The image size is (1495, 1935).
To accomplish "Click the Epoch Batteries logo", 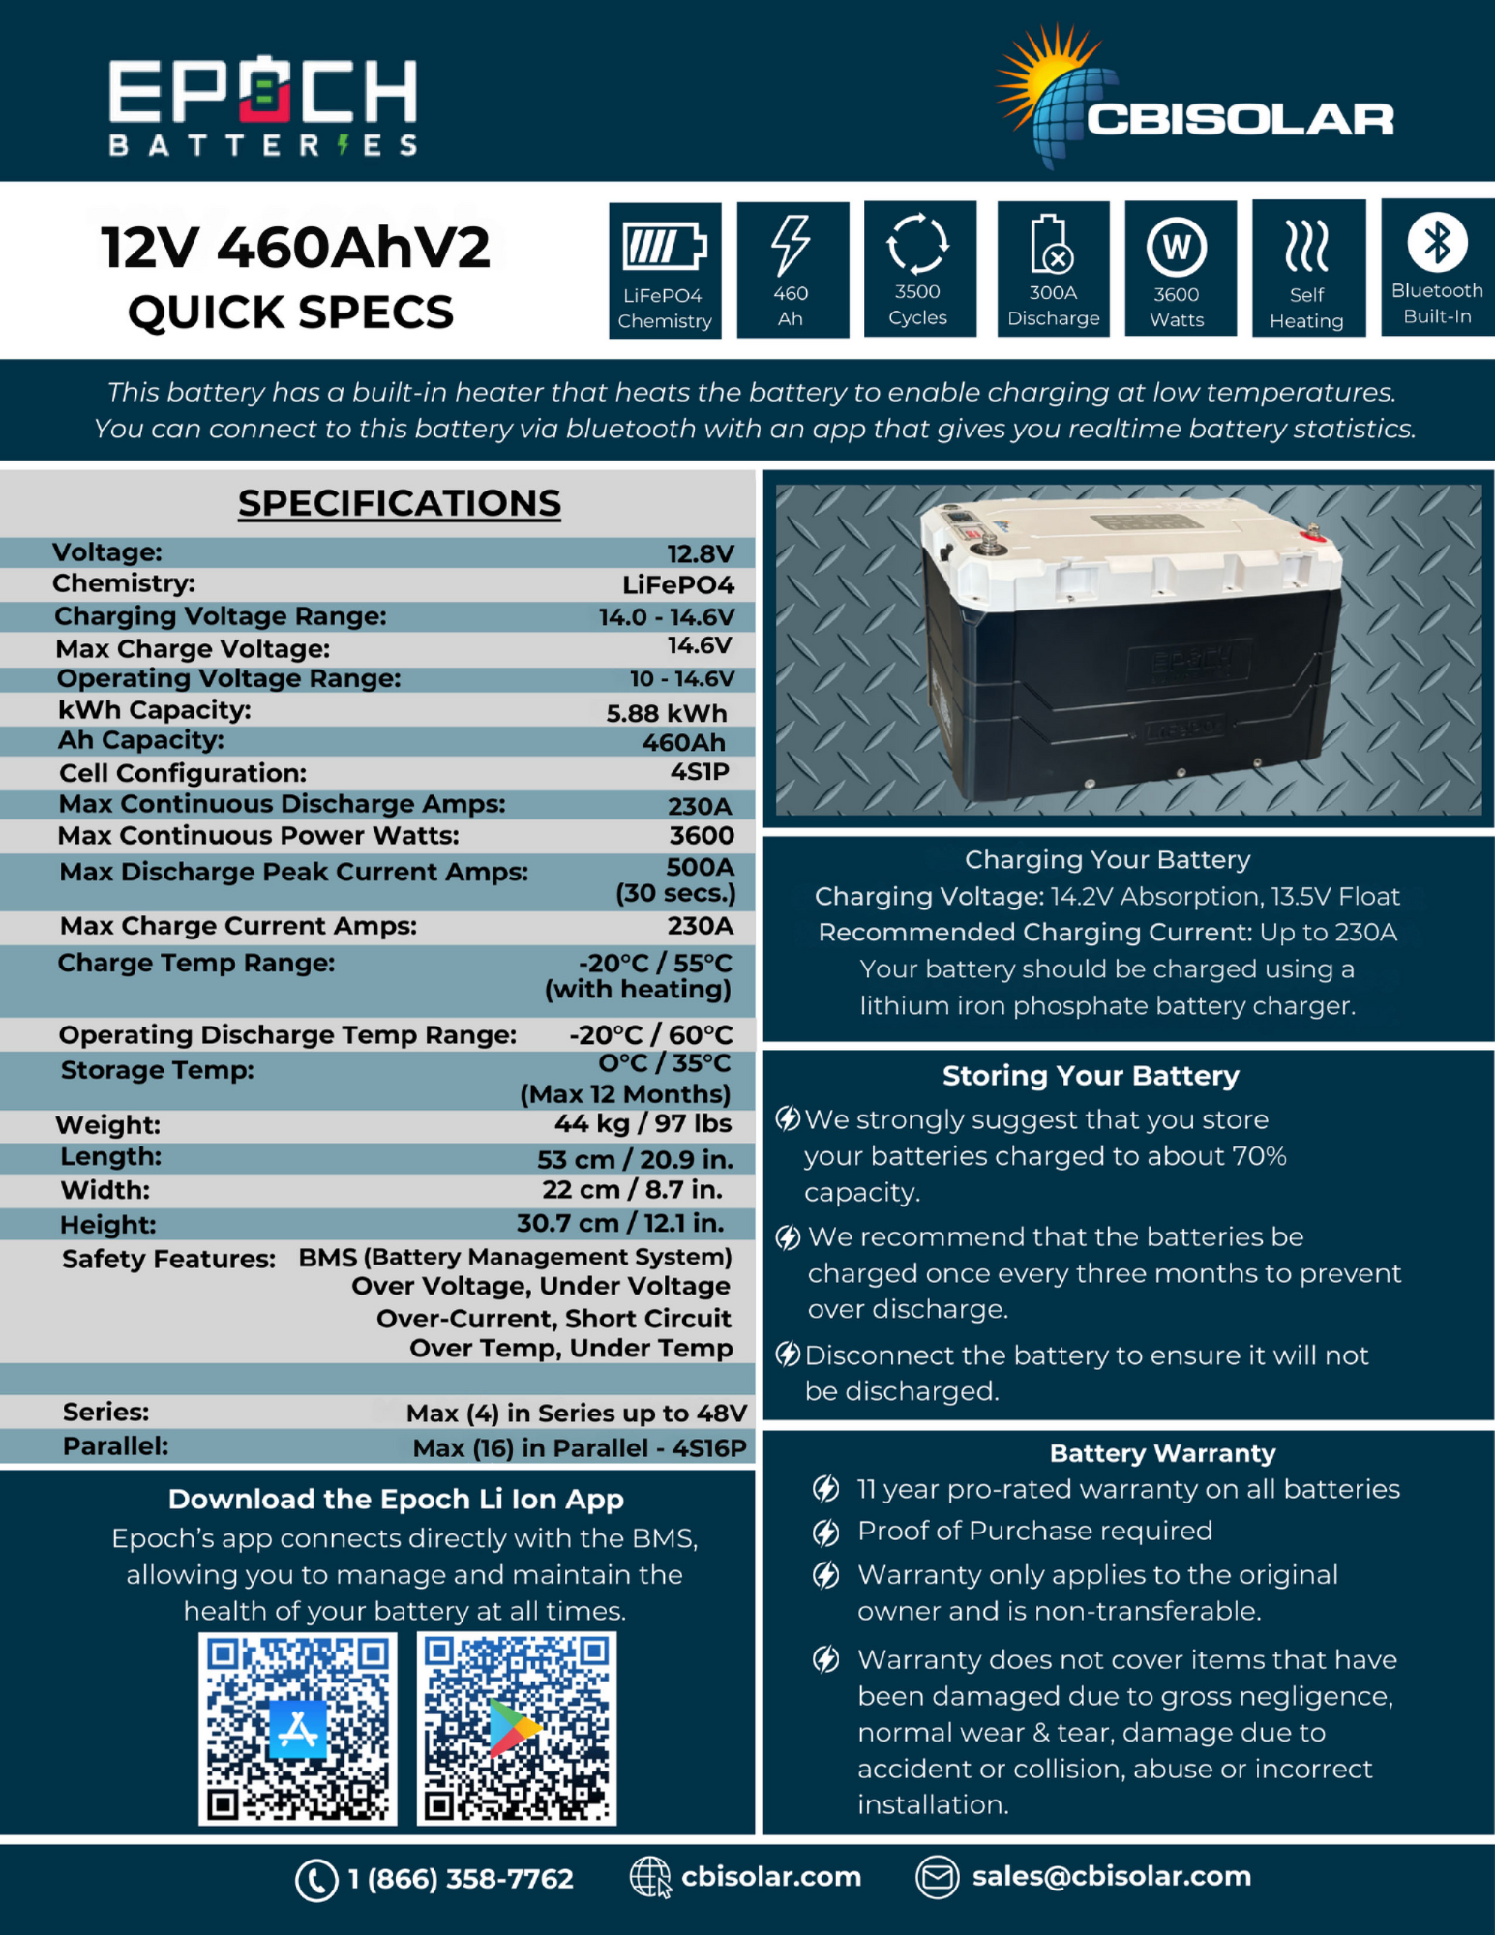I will click(263, 105).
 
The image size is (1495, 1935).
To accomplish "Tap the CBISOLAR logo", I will click(1196, 101).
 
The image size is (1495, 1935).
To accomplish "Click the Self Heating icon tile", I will click(1307, 268).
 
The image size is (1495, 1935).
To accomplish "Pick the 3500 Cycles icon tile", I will click(918, 268).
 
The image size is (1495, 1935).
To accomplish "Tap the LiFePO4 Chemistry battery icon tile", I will click(665, 270).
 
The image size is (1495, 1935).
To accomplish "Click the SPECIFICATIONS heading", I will click(399, 503).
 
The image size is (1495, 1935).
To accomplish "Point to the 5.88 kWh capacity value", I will click(666, 713).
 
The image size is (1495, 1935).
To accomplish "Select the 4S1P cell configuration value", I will click(700, 772).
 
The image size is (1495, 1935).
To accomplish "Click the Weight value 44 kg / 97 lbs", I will click(643, 1123).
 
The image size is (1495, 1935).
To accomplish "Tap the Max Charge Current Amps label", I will click(238, 926).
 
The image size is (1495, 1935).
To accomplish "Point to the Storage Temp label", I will click(157, 1070).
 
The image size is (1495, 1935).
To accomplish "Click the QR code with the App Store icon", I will click(298, 1728).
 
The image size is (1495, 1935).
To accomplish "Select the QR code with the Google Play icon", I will click(516, 1728).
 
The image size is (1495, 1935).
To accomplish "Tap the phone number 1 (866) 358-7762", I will click(461, 1879).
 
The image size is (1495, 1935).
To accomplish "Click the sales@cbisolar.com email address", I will click(1111, 1877).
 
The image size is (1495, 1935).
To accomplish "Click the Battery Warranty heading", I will click(1162, 1453).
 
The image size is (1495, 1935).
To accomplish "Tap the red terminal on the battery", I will click(1312, 530).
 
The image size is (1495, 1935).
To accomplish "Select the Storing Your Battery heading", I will click(1091, 1076).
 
